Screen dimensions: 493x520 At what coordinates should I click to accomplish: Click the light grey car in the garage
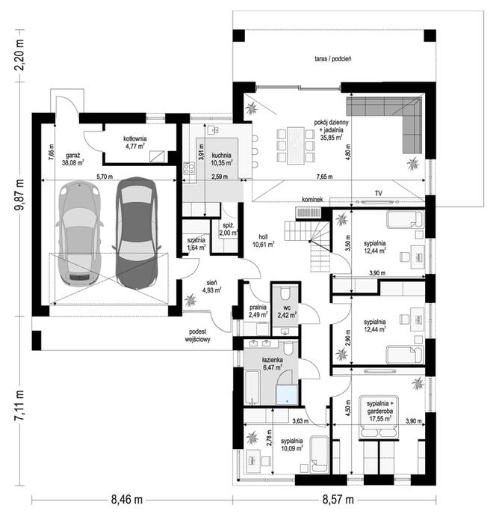(x=79, y=233)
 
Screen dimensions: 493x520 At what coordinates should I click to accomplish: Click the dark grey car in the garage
(x=137, y=233)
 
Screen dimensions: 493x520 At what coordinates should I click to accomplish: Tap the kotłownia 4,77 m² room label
(x=134, y=142)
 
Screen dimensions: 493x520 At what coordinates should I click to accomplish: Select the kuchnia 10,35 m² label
(x=222, y=159)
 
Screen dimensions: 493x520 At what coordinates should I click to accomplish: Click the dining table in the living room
(x=296, y=146)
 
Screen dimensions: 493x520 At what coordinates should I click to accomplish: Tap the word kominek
(x=312, y=200)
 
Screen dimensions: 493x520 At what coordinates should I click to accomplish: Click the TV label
(x=378, y=193)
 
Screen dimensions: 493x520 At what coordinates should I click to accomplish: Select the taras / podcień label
(x=332, y=58)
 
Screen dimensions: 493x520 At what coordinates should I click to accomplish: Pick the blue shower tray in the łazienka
(x=287, y=394)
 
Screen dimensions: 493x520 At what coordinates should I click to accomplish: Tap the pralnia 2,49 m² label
(x=258, y=311)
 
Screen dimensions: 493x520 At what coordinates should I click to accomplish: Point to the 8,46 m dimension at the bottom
(x=127, y=499)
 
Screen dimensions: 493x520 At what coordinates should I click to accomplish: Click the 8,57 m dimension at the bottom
(x=338, y=499)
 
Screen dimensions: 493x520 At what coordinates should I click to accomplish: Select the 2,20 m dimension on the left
(x=19, y=55)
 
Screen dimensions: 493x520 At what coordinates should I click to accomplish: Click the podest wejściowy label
(x=198, y=335)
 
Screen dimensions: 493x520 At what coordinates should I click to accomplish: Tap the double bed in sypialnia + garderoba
(x=378, y=417)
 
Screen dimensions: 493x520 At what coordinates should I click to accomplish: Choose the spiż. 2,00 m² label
(x=229, y=229)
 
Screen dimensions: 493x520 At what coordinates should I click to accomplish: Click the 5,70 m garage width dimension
(x=105, y=177)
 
